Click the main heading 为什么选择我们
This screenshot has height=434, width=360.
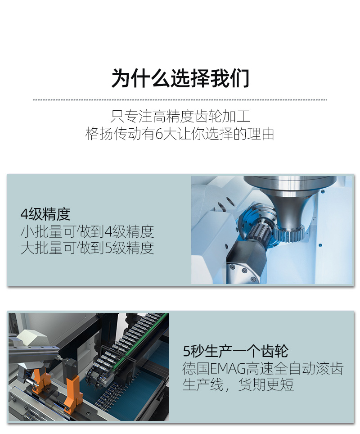[180, 79]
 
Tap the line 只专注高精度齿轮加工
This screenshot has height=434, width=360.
[180, 116]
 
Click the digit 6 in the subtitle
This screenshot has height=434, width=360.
[159, 134]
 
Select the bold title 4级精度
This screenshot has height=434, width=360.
[45, 214]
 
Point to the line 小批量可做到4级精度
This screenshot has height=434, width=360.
[87, 231]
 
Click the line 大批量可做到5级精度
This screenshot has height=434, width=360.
[87, 248]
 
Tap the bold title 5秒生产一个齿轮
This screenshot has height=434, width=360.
[235, 352]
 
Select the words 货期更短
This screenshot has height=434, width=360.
[265, 385]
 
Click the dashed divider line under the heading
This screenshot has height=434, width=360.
[180, 99]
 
